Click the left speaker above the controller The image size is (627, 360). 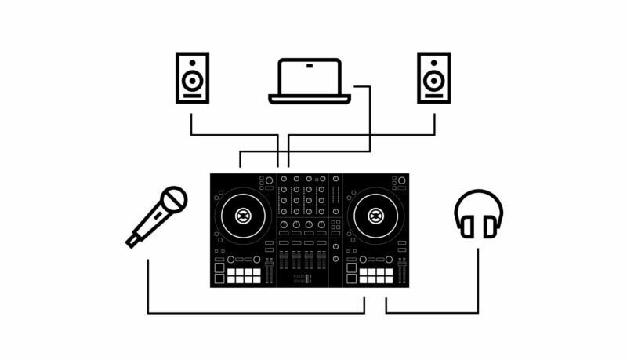pos(192,78)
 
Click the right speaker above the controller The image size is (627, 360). pos(433,78)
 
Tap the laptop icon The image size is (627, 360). pos(310,81)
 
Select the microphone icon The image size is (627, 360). pos(157,216)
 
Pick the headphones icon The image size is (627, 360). pos(478,214)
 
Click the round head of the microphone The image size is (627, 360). pos(174,199)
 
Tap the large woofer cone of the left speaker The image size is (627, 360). pos(192,82)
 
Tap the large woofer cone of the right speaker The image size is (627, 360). pos(433,82)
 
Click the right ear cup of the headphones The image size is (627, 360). pos(490,227)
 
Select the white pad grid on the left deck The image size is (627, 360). pos(244,276)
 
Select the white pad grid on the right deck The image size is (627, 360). pos(376,276)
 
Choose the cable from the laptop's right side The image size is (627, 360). pos(369,118)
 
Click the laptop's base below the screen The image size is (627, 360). pos(310,99)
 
